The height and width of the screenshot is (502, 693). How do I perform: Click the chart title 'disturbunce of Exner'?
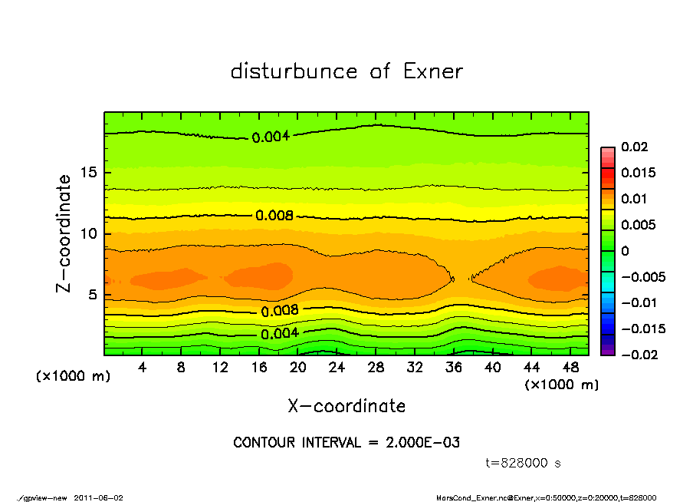click(346, 72)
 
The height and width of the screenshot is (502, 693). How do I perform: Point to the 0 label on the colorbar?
click(624, 251)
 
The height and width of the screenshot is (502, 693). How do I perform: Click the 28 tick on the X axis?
click(376, 368)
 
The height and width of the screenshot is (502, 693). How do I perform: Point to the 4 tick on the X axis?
click(143, 368)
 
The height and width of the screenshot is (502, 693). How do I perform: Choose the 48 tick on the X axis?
click(570, 368)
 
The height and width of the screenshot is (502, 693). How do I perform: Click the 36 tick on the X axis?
click(454, 368)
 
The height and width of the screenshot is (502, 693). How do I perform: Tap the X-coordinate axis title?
click(346, 406)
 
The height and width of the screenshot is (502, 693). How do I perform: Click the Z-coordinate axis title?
click(64, 233)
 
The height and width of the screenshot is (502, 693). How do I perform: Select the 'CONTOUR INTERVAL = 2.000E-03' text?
click(346, 443)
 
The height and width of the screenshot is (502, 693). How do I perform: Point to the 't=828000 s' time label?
click(524, 463)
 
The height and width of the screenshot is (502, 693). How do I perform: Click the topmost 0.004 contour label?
click(270, 137)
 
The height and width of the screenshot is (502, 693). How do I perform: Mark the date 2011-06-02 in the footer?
click(98, 497)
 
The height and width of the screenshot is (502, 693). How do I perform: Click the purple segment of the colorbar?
click(607, 351)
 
